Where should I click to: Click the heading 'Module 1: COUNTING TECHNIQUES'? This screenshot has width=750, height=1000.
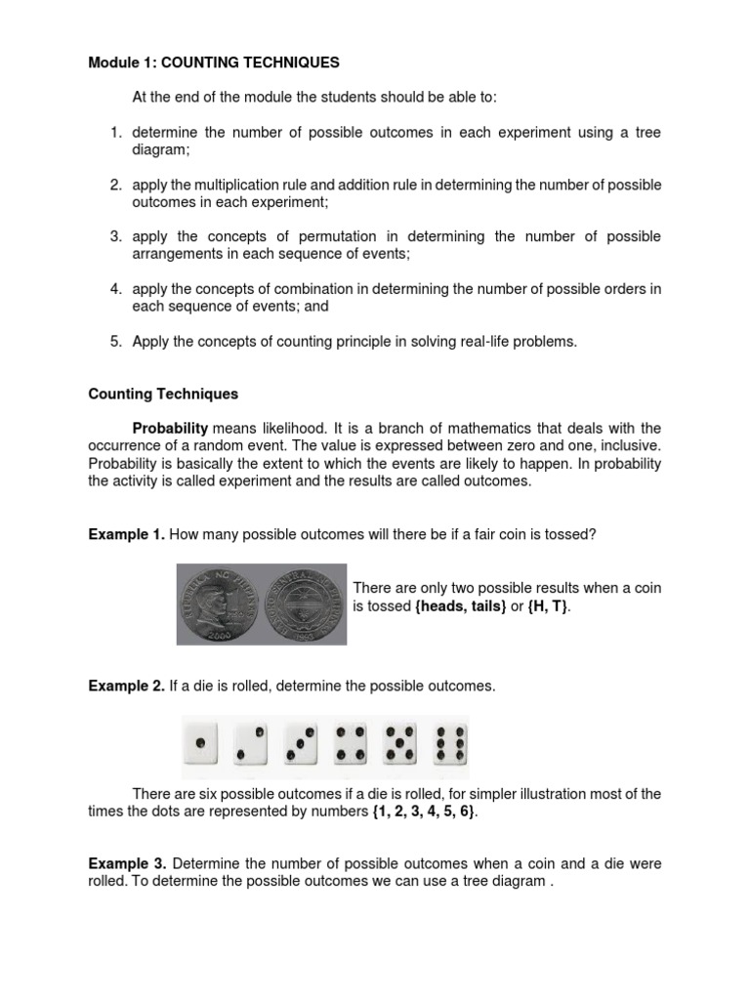[x=214, y=62]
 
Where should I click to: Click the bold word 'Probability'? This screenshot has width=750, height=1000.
[x=170, y=429]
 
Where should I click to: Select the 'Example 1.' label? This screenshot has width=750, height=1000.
[x=126, y=534]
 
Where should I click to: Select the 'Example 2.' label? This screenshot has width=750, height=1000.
[x=126, y=687]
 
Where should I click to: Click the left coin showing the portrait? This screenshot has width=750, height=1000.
[x=220, y=604]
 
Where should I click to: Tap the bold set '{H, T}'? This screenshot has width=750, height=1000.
[x=550, y=606]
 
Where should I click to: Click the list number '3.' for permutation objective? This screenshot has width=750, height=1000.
[x=115, y=236]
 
